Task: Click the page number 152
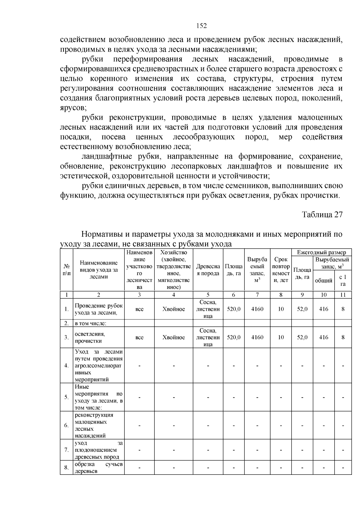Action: click(202, 26)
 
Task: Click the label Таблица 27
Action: click(322, 215)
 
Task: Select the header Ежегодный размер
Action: click(321, 253)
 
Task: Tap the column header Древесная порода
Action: click(208, 270)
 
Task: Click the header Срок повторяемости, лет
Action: click(280, 270)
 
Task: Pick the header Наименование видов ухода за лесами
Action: click(99, 270)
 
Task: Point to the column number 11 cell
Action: click(343, 295)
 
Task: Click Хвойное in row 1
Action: click(174, 309)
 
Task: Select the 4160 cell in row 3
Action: click(257, 337)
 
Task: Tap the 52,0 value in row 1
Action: click(302, 309)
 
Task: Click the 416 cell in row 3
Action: click(324, 337)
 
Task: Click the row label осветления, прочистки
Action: click(90, 337)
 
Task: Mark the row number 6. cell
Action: click(66, 425)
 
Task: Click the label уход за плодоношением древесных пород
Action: click(98, 450)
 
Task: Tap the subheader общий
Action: click(323, 280)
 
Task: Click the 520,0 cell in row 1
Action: click(234, 309)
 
